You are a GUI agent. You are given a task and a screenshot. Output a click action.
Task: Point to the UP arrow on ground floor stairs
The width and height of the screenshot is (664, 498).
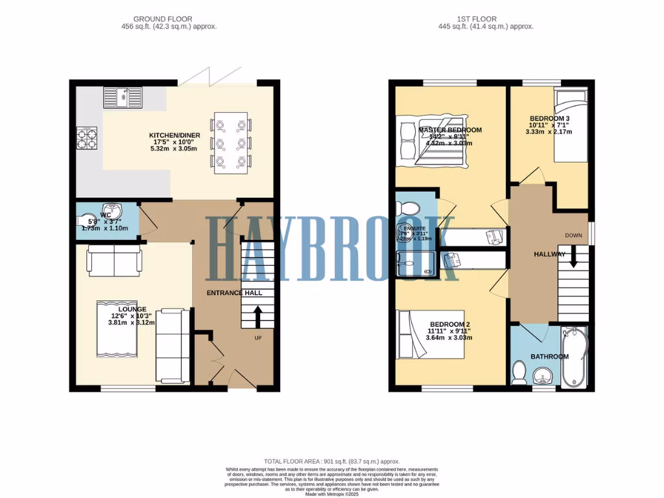pos(257,318)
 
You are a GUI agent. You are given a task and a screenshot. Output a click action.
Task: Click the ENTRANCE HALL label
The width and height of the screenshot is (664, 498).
pos(234,293)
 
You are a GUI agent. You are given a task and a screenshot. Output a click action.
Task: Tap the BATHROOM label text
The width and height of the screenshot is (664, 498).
pos(549,357)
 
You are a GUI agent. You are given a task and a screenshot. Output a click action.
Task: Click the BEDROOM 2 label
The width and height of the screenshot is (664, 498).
pos(449,324)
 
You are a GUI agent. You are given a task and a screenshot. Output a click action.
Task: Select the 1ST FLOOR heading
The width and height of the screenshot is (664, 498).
pos(486,19)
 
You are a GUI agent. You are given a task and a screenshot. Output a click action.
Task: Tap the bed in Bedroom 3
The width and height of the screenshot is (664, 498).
pos(570,126)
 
